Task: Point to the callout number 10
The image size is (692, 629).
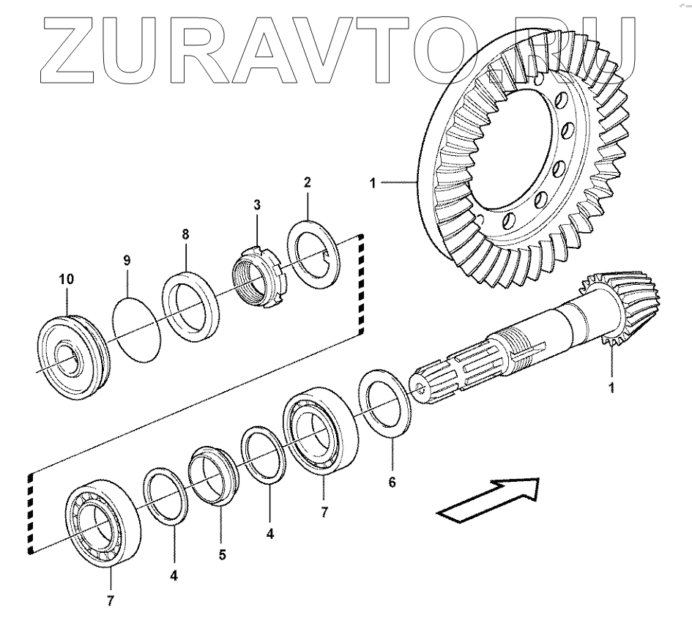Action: pyautogui.click(x=66, y=279)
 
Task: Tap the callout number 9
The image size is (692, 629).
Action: pyautogui.click(x=127, y=260)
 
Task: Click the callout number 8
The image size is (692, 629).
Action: pyautogui.click(x=185, y=234)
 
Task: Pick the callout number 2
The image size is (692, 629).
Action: pyautogui.click(x=308, y=180)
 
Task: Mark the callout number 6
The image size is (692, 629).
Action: pyautogui.click(x=392, y=483)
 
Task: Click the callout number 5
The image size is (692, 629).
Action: pyautogui.click(x=222, y=554)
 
